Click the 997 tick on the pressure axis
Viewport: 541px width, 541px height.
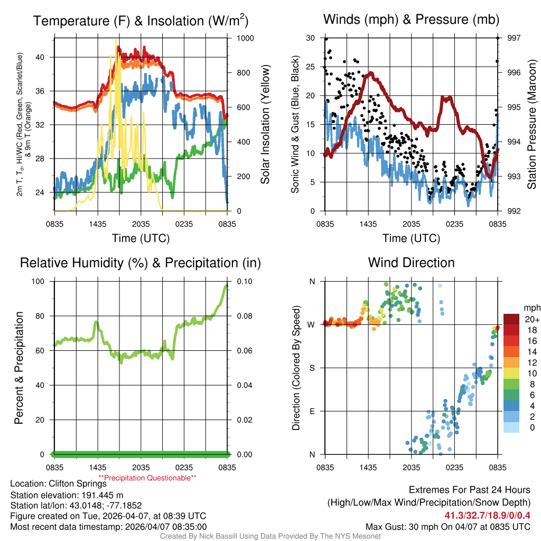coord(513,38)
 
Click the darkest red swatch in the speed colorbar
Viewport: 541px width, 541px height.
coord(511,319)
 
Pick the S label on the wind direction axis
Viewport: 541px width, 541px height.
coord(312,368)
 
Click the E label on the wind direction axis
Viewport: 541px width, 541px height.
coord(312,411)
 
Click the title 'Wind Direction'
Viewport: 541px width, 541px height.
coord(411,263)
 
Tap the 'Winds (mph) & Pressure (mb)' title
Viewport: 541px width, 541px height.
coord(411,20)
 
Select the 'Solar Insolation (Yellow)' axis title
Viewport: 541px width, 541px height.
coord(265,125)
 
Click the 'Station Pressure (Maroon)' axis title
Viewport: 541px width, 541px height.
coord(532,125)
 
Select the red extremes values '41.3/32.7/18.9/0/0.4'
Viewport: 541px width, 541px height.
coord(487,515)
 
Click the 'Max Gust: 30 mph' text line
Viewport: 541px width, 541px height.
coord(448,527)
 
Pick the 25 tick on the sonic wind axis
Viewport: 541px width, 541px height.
coord(311,67)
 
